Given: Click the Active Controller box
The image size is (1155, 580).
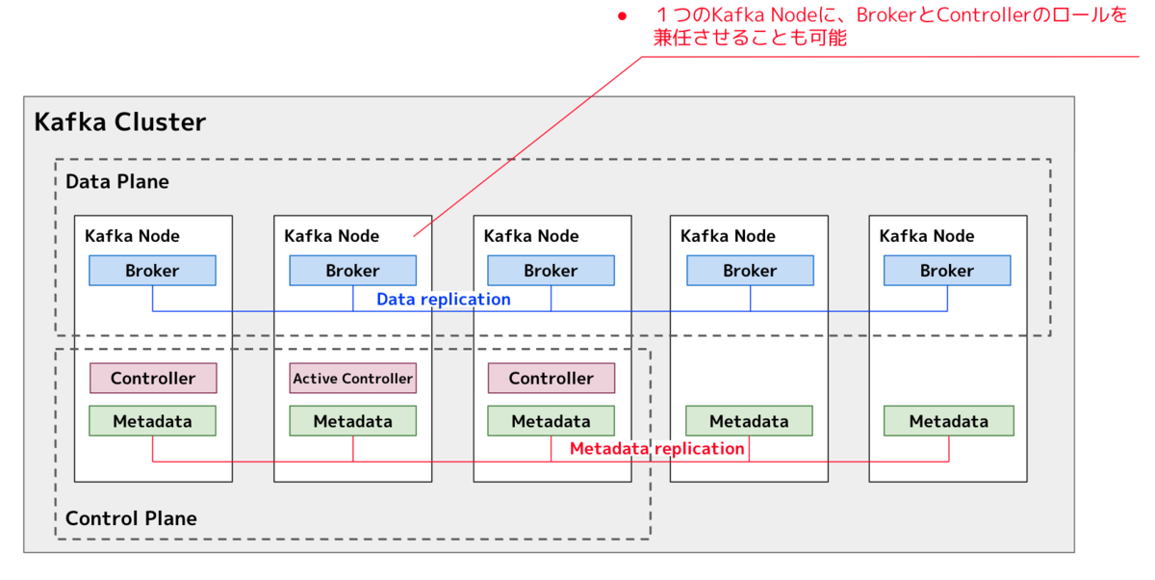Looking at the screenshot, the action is coord(352,379).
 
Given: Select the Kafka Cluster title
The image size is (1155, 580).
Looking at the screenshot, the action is coord(119,122).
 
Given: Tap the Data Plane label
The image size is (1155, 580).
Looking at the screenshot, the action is coord(117,182).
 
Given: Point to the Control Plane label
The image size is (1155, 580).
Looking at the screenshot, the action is coord(131,518).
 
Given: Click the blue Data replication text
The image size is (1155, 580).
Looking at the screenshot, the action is coord(444,300).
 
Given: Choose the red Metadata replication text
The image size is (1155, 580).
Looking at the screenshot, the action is coord(656,448).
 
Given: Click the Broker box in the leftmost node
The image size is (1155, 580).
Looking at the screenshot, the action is coord(153,271).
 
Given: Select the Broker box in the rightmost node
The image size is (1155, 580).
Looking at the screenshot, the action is coord(947,271).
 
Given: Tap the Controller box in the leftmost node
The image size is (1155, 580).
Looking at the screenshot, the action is coord(153,379).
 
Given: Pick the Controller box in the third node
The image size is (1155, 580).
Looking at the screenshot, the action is coord(552,379).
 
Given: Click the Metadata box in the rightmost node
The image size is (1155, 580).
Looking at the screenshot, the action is coord(949,421).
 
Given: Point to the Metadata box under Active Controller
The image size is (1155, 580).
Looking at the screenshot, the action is coord(352,421).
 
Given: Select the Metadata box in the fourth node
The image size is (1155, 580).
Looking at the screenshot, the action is coord(749,421).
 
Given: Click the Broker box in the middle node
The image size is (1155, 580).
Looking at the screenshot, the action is coord(552,271).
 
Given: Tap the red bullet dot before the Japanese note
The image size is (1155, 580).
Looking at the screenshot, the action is coord(623,16).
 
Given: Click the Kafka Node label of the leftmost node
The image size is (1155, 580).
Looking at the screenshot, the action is coord(132,236).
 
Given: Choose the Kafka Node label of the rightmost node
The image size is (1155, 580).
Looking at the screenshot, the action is coord(927,236).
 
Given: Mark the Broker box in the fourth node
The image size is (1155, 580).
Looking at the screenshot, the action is coord(750,271).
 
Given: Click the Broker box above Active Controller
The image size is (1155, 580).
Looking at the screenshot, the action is coord(352,271).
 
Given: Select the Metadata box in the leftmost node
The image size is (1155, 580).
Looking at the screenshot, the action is coord(153,421).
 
